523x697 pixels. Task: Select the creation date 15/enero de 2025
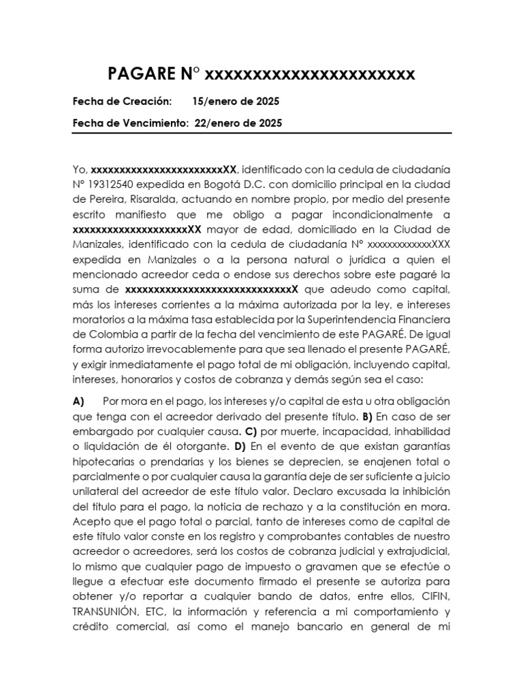236,101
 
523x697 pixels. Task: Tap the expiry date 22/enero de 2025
238,123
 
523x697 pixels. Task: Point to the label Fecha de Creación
121,101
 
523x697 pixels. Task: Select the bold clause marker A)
78,401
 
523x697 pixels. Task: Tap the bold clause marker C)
250,431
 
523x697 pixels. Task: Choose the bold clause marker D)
239,446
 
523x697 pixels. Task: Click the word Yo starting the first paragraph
79,169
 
